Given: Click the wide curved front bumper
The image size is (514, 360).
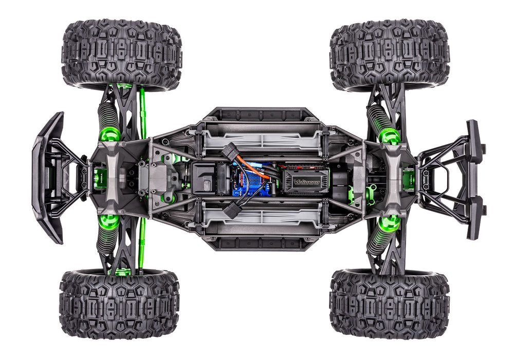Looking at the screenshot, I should click(47, 177).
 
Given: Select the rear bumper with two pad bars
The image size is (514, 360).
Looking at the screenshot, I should click(475, 180).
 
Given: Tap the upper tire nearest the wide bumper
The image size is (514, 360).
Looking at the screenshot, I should click(121, 54).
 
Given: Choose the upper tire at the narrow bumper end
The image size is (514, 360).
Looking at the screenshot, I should click(390, 54).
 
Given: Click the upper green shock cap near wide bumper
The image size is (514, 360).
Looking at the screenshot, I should click(110, 134).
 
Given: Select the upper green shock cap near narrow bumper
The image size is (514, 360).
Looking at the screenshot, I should click(389, 136).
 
